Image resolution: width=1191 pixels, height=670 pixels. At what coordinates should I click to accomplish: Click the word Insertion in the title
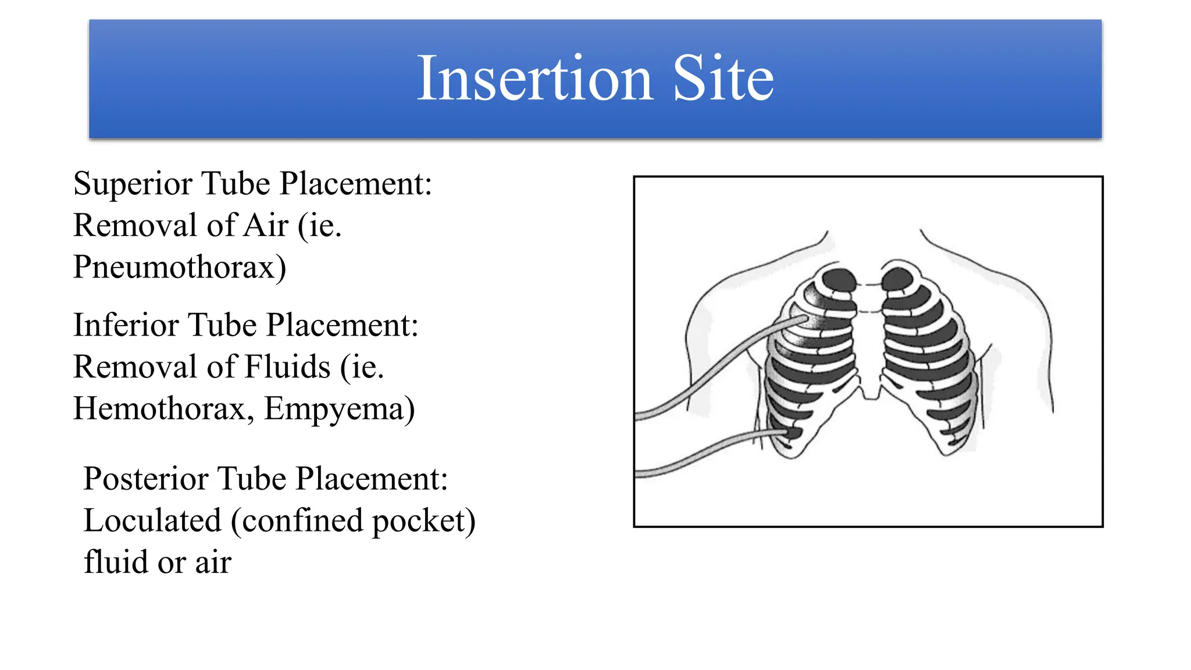(x=534, y=79)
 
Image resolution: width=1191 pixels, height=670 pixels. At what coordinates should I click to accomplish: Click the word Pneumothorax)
(x=180, y=268)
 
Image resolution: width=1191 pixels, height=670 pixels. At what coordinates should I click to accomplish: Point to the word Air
(x=266, y=226)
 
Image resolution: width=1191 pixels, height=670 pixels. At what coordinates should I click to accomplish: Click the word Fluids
(x=287, y=367)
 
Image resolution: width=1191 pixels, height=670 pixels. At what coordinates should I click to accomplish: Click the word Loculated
(x=152, y=521)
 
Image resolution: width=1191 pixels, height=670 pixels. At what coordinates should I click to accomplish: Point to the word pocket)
(x=423, y=521)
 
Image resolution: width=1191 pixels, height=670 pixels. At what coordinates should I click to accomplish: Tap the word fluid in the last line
(x=116, y=562)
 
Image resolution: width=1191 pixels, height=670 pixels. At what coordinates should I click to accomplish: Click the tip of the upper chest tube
(x=805, y=319)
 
